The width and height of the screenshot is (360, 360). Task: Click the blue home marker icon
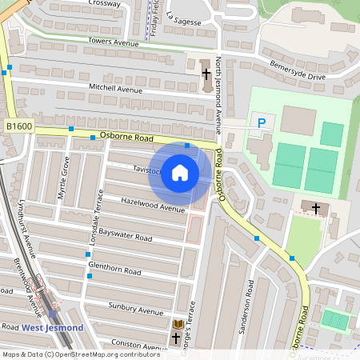[x=180, y=173]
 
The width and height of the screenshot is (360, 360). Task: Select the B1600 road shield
[x=19, y=126]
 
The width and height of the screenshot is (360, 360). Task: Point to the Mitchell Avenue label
[x=115, y=89]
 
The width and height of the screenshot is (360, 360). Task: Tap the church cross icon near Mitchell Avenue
[x=206, y=73]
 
